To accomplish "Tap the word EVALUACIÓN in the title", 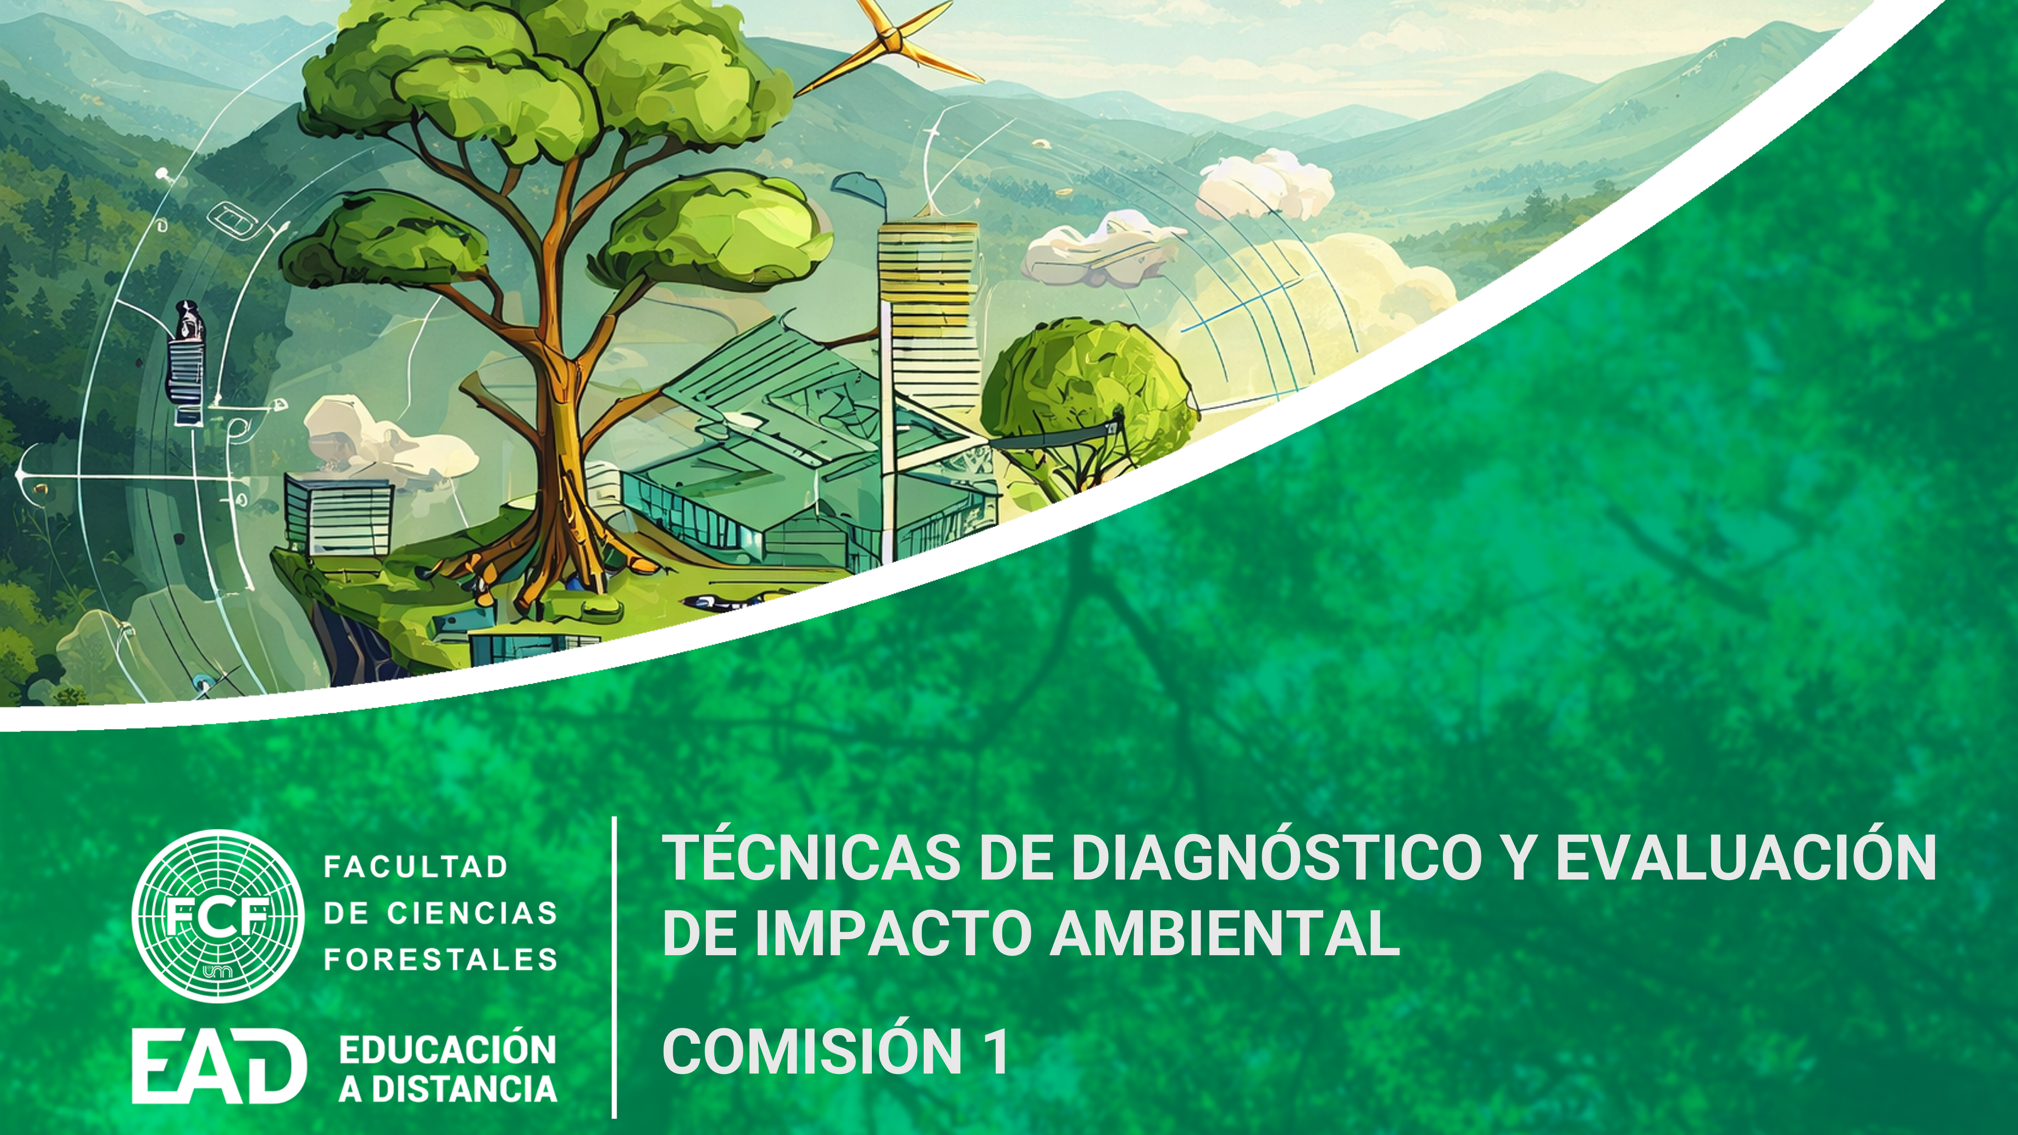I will point(1746,858).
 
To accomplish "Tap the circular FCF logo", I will point(218,916).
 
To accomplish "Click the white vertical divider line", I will point(614,967).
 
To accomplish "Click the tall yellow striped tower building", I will point(929,329).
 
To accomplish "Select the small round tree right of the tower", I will point(1089,384).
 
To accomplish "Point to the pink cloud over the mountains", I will point(1265,184).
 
